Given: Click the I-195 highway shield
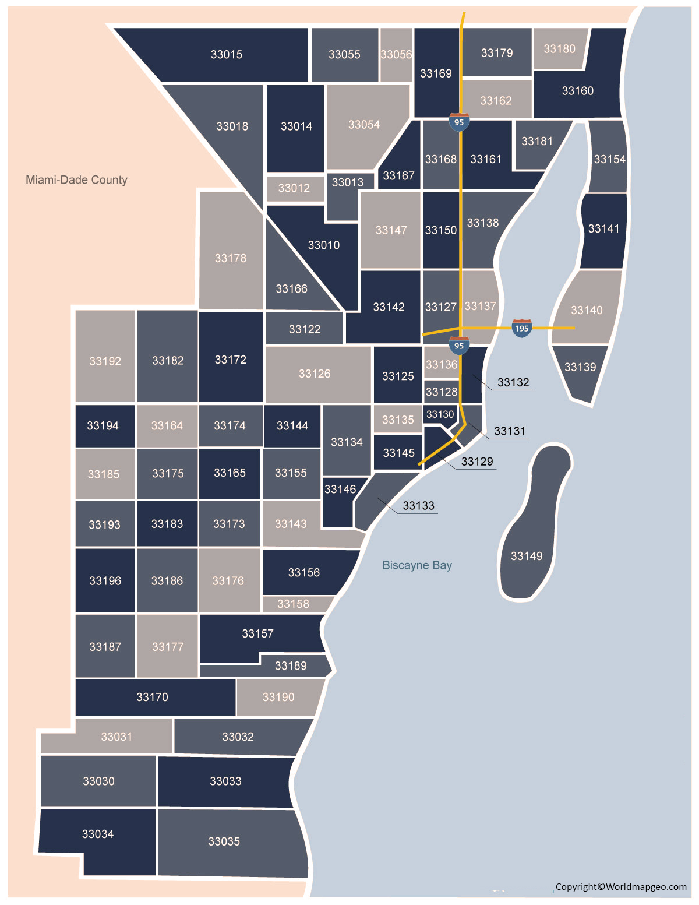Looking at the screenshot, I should tap(522, 328).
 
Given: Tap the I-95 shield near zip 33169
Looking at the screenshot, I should tap(459, 122).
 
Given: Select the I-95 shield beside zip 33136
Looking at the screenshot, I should tap(459, 345).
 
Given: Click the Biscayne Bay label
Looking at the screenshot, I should tap(417, 565).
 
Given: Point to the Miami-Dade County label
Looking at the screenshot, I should tap(76, 180).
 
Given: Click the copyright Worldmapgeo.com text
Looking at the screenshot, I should tap(621, 886).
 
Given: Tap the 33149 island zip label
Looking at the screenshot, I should tap(527, 556).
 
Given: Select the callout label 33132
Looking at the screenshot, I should tap(513, 383).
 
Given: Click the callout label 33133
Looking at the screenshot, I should tap(418, 506).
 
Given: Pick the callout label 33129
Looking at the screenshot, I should tap(477, 462).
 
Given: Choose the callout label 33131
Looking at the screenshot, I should tap(510, 431).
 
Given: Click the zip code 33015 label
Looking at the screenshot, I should tap(227, 55).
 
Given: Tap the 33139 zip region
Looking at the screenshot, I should tap(580, 367).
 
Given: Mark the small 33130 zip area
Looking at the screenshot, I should tap(440, 414).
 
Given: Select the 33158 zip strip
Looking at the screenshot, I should tap(294, 604).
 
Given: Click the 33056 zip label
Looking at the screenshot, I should tap(396, 55).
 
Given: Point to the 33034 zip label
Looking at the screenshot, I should tap(98, 834).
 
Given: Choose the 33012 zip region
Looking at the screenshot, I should tap(294, 188).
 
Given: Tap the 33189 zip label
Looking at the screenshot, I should tap(291, 666).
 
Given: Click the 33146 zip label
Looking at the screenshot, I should tap(340, 490).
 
